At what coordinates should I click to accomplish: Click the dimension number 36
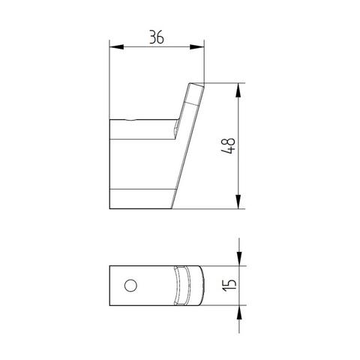pos(157,37)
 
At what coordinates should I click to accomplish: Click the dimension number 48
pos(228,145)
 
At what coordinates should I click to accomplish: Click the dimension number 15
pos(229,285)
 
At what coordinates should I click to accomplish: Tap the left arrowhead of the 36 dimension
pos(117,46)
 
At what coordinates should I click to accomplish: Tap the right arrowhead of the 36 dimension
pos(197,46)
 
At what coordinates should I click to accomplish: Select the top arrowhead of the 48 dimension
pos(238,90)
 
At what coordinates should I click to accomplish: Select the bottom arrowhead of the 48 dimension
pos(238,202)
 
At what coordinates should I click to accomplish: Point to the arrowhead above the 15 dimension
pos(239,259)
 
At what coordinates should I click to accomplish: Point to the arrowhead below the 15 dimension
pos(239,312)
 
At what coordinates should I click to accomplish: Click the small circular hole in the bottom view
pos(130,286)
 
